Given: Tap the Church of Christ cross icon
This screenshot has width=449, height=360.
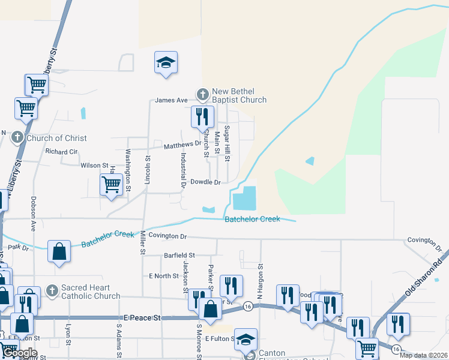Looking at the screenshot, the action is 17,138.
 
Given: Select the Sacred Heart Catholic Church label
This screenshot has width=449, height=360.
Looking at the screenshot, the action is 91,291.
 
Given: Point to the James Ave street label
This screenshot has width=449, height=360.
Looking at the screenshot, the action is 172,100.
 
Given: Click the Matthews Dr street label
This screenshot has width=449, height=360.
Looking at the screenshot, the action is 182,145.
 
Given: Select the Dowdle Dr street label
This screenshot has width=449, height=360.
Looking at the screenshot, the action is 205,182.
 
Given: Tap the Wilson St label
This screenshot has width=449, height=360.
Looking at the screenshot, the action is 94,165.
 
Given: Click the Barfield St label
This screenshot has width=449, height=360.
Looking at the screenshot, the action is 179,256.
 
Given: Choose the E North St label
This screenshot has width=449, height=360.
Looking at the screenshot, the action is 164,276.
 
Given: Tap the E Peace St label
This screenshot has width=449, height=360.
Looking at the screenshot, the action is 143,317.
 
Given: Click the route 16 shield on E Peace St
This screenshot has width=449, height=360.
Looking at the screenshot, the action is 248,307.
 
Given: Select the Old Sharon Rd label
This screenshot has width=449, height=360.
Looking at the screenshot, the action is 427,277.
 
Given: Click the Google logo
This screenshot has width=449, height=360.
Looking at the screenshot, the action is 20,353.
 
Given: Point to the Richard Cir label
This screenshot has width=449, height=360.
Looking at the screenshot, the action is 61,152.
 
